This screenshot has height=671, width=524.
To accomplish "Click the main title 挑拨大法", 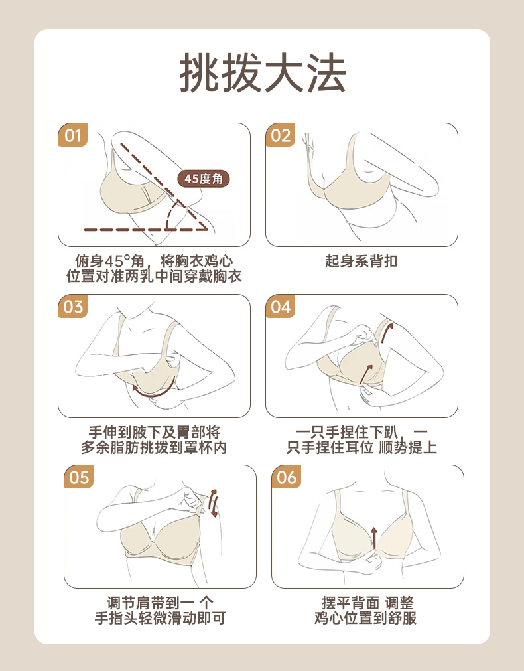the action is [x=263, y=73].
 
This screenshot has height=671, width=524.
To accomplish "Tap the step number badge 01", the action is [x=73, y=135].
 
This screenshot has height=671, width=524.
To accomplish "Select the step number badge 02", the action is [x=281, y=135].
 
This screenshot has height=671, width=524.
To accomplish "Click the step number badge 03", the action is [x=73, y=307].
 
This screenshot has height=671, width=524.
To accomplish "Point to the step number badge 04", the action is [x=281, y=307].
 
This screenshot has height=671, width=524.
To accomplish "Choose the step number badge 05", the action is [x=79, y=477].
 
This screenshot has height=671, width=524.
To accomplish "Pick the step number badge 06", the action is [x=287, y=477].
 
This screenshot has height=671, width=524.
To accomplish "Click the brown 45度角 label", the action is [x=204, y=179].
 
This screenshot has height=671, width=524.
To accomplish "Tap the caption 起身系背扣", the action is [x=361, y=261].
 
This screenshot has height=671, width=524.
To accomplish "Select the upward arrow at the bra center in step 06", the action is [x=374, y=538].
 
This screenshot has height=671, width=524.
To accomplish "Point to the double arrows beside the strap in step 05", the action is [x=213, y=503].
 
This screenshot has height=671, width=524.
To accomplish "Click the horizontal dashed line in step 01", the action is [x=145, y=230].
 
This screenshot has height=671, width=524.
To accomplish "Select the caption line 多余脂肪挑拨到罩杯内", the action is [x=154, y=447].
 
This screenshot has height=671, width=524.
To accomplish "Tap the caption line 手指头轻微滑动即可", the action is [x=160, y=618].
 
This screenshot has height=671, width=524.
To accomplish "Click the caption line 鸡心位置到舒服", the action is [x=365, y=618].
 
